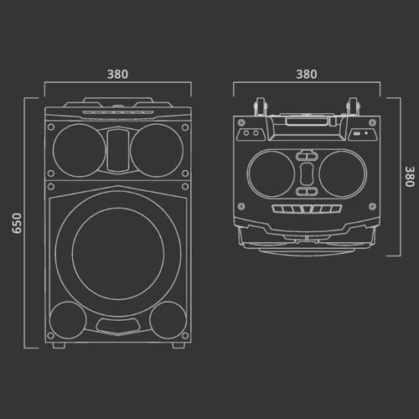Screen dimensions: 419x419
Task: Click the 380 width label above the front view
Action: [117, 74]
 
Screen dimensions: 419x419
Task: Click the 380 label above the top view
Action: [307, 74]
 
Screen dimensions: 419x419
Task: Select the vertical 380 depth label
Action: [409, 178]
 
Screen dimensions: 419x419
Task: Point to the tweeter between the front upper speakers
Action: [117, 144]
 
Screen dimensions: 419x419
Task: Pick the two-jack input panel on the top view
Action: [249, 134]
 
